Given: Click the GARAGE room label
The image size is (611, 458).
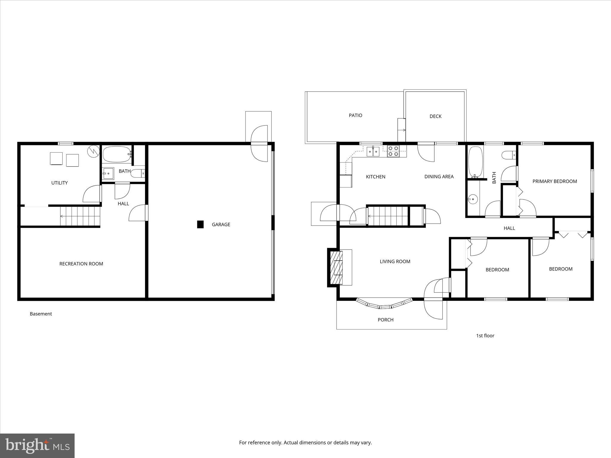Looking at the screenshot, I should click(221, 225).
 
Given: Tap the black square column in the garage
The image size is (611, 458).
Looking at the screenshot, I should click(200, 225).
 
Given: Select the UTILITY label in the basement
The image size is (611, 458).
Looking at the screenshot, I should click(59, 183).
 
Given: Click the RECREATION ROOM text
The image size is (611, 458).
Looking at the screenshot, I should click(81, 264).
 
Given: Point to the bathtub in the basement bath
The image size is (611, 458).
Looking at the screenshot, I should click(117, 154).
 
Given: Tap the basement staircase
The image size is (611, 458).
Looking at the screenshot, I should click(80, 216).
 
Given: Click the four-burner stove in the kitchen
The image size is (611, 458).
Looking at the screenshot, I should click(394, 151).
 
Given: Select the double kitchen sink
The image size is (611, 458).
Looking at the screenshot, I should click(373, 151).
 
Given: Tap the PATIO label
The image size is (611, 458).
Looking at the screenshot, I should click(355, 115).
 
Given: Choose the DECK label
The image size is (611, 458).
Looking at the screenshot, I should click(435, 116).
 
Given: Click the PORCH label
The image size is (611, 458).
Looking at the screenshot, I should click(385, 320).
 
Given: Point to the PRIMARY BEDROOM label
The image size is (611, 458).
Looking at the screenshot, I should click(555, 181).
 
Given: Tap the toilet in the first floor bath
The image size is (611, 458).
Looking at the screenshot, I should click(509, 155).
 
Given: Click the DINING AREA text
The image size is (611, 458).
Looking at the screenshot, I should click(439, 177).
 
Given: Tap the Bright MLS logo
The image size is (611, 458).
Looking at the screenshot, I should click(37, 446).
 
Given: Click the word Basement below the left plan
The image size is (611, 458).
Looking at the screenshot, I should click(41, 314).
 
